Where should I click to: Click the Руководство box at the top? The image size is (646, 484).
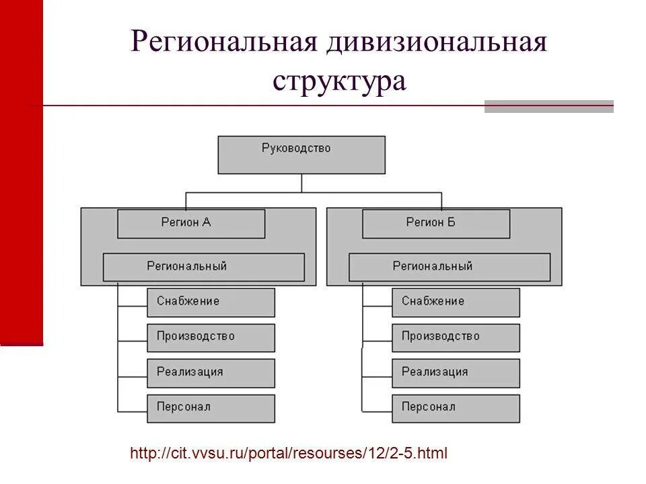click(301, 155)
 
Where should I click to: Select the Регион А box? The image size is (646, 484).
click(191, 223)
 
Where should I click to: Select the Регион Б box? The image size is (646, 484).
click(436, 223)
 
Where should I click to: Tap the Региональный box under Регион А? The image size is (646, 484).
click(203, 267)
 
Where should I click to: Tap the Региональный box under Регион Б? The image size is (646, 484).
click(450, 267)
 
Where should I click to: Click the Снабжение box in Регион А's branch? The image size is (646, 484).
click(211, 302)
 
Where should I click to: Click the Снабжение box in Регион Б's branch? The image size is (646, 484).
click(456, 302)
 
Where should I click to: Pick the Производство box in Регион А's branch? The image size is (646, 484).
click(211, 337)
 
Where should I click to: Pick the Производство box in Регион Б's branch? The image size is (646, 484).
click(456, 337)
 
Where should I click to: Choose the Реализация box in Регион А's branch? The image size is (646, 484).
click(211, 372)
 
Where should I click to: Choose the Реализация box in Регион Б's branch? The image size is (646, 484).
click(456, 372)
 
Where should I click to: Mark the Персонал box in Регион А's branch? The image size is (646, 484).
click(211, 408)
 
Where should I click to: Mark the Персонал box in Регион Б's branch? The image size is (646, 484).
click(456, 408)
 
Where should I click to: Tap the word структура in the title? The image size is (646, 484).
click(340, 81)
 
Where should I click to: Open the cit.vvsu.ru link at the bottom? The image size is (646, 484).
click(289, 453)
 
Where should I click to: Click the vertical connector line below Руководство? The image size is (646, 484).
click(301, 183)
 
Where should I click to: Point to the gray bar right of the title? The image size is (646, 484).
click(548, 106)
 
